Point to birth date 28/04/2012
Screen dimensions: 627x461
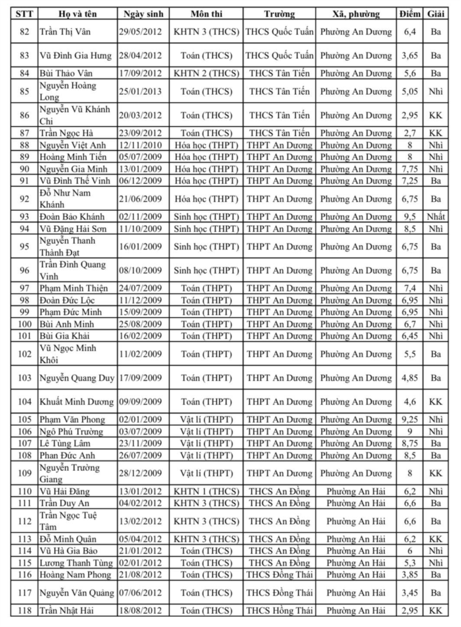(143, 55)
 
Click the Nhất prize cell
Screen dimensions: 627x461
(435, 216)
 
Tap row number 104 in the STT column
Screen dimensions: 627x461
(24, 401)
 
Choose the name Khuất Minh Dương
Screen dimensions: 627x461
(77, 401)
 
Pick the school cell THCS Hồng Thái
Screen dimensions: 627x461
(279, 611)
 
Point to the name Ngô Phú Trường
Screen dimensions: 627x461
(72, 431)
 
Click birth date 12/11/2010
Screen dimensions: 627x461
(143, 145)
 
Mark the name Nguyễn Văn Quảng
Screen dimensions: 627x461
(77, 593)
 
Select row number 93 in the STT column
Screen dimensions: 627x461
(24, 216)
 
